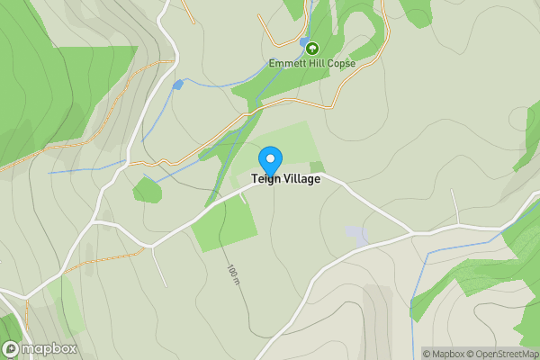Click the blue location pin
click(x=269, y=160)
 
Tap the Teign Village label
click(x=279, y=179)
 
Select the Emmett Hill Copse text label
click(x=312, y=64)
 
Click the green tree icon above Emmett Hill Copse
click(x=312, y=49)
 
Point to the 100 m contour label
click(x=234, y=275)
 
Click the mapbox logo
click(x=40, y=349)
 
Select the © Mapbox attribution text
click(x=444, y=354)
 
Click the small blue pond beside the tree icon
click(x=302, y=42)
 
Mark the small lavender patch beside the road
click(x=357, y=237)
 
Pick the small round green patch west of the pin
click(x=147, y=190)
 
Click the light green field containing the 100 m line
click(x=223, y=223)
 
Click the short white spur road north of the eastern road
click(x=457, y=211)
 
